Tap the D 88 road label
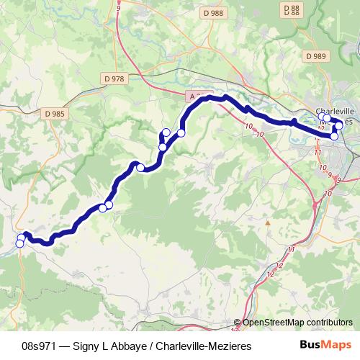[x=292, y=8]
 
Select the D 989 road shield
[x=315, y=55]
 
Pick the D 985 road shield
[x=55, y=113]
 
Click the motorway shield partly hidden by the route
[x=191, y=95]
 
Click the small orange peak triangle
[x=267, y=223]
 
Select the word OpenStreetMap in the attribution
[x=270, y=323]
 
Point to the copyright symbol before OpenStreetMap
[x=238, y=323]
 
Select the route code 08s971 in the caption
[x=37, y=346]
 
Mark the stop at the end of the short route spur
[x=166, y=132]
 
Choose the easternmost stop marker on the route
[x=339, y=126]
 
